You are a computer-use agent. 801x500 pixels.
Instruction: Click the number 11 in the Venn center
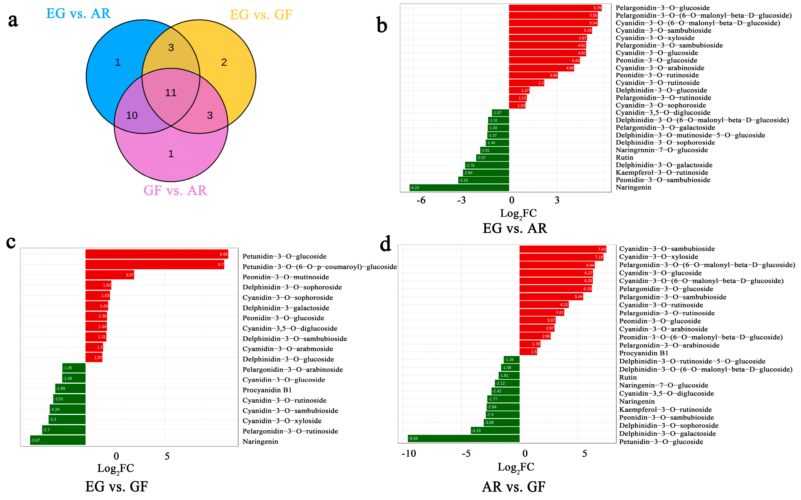tap(171, 93)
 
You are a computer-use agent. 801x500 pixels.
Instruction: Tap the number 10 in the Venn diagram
tap(132, 115)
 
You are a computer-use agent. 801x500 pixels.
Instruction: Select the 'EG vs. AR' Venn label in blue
tap(78, 14)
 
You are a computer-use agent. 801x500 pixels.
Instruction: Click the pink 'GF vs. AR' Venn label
tap(175, 190)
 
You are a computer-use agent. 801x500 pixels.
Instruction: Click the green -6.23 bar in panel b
tap(459, 188)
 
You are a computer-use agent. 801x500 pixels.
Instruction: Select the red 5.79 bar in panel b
tap(555, 8)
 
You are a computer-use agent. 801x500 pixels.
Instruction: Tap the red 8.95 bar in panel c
tap(156, 254)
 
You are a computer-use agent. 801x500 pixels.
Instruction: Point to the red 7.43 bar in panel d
tap(562, 249)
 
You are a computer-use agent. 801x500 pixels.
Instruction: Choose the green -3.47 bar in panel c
tap(58, 440)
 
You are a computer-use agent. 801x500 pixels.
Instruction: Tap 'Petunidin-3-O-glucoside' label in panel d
tap(661, 442)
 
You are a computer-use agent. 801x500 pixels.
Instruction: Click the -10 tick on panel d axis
tap(409, 454)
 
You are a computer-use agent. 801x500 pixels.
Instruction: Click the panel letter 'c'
tap(11, 242)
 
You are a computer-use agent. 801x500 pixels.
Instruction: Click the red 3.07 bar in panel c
tap(109, 275)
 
